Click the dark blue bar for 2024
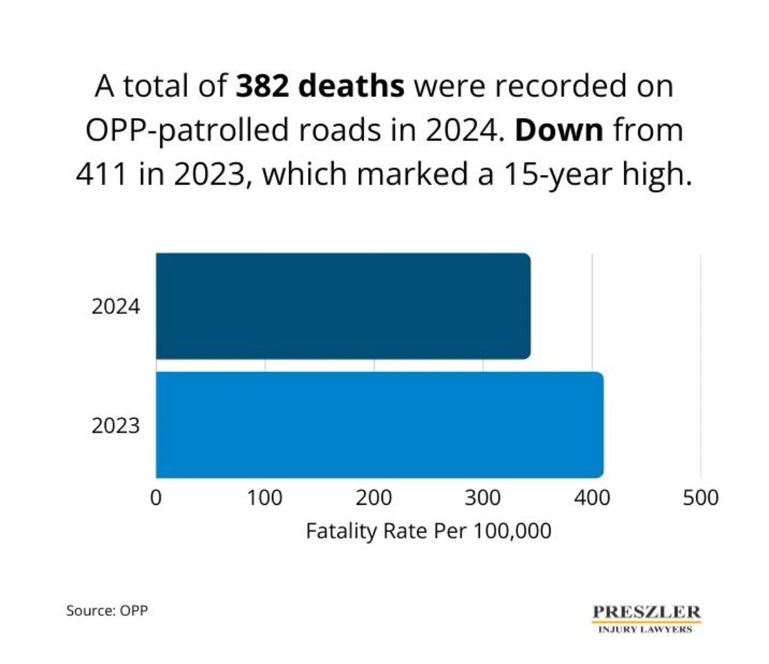pos(342,306)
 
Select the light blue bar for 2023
pos(379,424)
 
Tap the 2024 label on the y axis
pos(116,307)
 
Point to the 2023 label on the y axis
pos(116,426)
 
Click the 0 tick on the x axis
pos(156,497)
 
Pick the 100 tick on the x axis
pos(264,497)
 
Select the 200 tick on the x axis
pos(374,497)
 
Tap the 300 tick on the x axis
pos(483,497)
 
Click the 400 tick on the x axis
pos(592,497)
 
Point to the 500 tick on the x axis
pos(701,497)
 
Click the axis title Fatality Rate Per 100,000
pos(429,531)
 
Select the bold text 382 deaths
pos(321,87)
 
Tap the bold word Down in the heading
pos(559,131)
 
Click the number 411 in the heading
pos(102,174)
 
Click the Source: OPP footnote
pos(107,611)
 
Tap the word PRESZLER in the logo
pos(647,611)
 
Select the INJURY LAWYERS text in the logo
pos(647,630)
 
